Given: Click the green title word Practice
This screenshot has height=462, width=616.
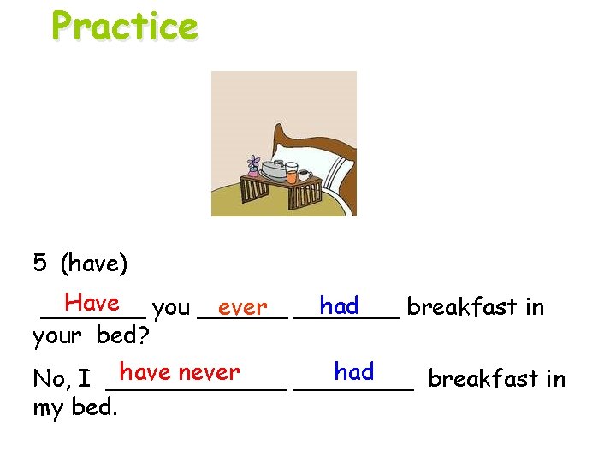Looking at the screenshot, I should pos(124,26).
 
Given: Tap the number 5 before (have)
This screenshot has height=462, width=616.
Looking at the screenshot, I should pos(40,264).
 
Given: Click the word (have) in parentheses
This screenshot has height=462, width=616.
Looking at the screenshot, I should pos(94,264).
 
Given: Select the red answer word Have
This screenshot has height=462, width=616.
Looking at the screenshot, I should pos(92,303).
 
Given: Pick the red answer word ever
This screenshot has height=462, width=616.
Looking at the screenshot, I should pos(242,306).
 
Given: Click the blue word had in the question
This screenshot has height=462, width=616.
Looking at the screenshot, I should pos(339,305).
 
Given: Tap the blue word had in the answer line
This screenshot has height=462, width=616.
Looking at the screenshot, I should pos(354,371).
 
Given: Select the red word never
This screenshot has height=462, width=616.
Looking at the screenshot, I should pos(210,372).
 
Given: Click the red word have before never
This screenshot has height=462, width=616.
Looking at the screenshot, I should pos(146,372).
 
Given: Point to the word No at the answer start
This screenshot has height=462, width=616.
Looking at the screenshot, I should pos(50,378).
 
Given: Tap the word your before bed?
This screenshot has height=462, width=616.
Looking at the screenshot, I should pos(61,335).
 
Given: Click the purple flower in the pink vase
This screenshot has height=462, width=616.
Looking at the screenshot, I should pos(252,162).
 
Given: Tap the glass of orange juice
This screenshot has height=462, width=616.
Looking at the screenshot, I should pos(292,175).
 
